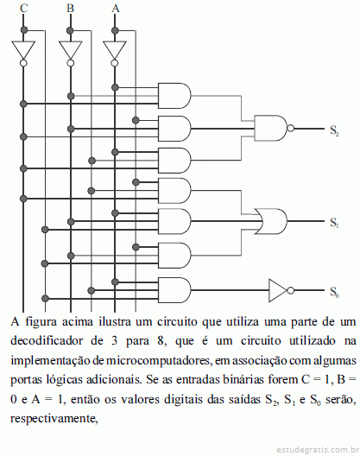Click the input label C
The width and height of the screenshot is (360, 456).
[x=24, y=8]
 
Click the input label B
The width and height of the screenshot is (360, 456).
[x=70, y=8]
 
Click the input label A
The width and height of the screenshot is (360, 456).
[x=116, y=8]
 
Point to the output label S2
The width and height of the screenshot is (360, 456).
[x=334, y=130]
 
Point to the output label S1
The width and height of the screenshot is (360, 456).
[x=334, y=223]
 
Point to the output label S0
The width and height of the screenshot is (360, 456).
[x=334, y=292]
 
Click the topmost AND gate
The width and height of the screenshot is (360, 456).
[x=174, y=96]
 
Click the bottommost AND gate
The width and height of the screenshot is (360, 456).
[x=174, y=290]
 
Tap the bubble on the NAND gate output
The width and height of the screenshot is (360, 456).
[x=290, y=128]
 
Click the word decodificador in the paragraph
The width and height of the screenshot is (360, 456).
[x=47, y=340]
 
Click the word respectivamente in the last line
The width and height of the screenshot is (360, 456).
[x=54, y=419]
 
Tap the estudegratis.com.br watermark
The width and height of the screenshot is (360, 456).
[x=318, y=450]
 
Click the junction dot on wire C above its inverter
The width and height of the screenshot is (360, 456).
[x=24, y=30]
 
